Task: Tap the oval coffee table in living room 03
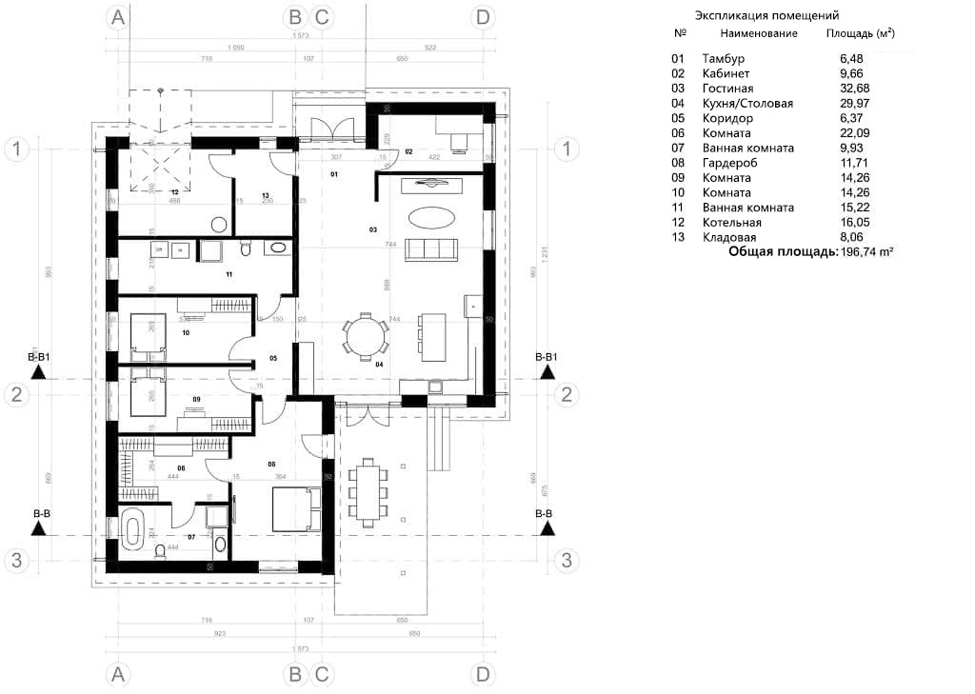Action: (430, 217)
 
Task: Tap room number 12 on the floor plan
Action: (174, 191)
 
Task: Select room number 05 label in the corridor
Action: (272, 359)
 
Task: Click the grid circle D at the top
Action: (483, 17)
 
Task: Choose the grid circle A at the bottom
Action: (118, 674)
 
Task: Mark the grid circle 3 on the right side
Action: (567, 560)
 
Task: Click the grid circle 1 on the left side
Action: (16, 149)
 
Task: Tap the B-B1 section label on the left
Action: (39, 357)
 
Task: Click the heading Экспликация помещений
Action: (766, 16)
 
